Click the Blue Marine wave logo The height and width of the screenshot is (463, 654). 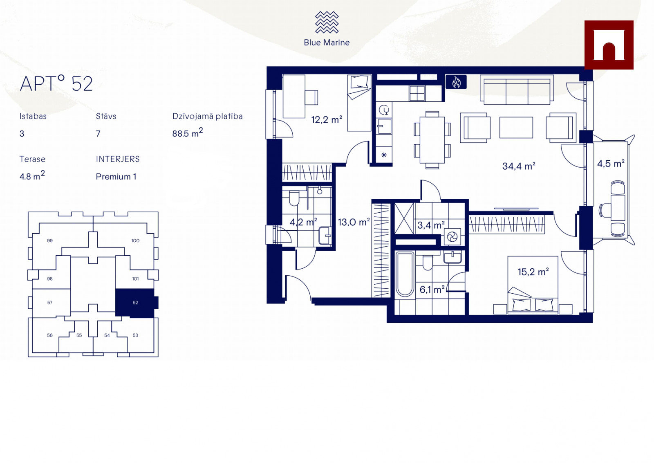(327, 22)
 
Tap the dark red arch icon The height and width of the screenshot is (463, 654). (609, 45)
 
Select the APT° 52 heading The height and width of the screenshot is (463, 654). (56, 83)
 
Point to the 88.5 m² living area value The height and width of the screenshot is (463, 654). (188, 133)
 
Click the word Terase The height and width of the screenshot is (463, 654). (32, 159)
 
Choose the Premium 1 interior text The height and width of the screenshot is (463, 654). (116, 177)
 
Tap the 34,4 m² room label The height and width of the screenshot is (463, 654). (519, 166)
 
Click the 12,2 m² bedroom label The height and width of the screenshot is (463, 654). (327, 119)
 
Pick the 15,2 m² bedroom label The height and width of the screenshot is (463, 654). (533, 272)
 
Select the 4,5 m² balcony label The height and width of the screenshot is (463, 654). (611, 163)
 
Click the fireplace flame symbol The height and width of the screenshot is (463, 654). (456, 82)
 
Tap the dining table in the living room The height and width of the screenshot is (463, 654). (432, 140)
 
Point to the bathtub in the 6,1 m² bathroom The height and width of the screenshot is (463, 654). (405, 274)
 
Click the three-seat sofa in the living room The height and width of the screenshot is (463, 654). (517, 90)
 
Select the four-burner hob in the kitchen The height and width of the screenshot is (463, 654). (417, 94)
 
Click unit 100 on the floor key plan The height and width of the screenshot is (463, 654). (135, 240)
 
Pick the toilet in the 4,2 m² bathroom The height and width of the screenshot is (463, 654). (294, 198)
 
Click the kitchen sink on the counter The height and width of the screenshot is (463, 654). (384, 126)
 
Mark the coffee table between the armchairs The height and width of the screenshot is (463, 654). (516, 128)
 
